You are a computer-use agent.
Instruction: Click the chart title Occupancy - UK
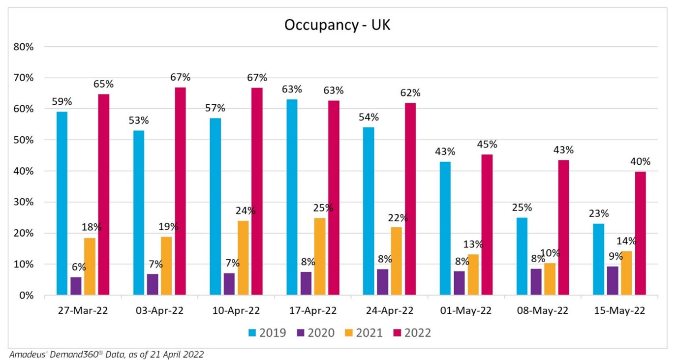coord(337,25)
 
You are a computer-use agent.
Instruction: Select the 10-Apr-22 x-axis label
coord(236,311)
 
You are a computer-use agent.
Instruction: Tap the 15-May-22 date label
coord(619,311)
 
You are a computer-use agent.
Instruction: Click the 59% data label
coord(62,102)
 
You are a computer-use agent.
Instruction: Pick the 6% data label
coord(79,268)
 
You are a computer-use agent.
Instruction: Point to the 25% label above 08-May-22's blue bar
coord(522,208)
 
